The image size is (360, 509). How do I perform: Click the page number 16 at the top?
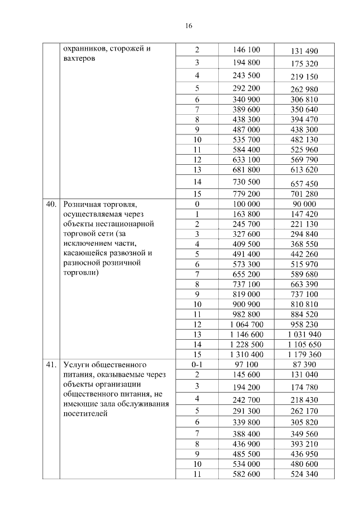pos(189,26)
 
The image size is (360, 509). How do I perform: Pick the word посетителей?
pos(85,414)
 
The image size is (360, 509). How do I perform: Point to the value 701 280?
pos(304,194)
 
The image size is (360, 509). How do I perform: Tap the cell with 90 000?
pos(304,204)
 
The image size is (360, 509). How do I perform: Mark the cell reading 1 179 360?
pos(304,354)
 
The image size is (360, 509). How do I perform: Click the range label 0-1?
pos(197,364)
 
